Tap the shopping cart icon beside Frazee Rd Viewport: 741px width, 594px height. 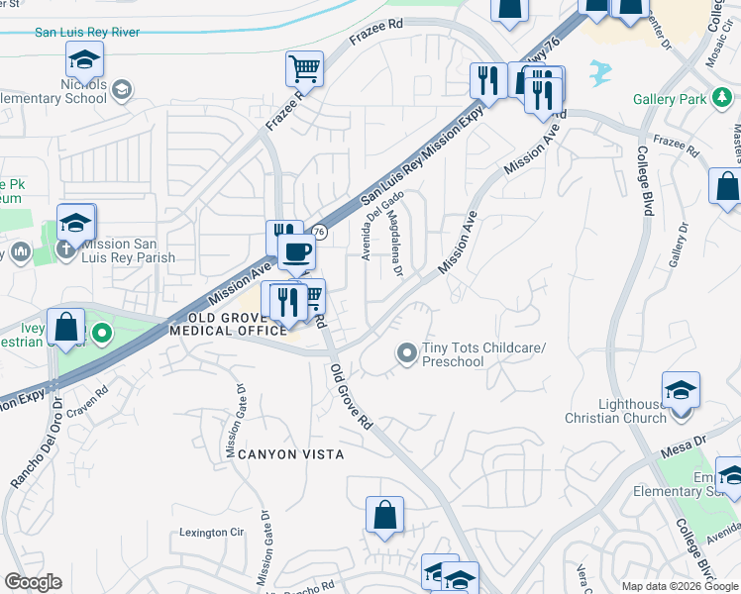pos(305,69)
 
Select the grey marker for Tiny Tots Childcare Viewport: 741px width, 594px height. pos(406,352)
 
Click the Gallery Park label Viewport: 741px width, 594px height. pos(671,99)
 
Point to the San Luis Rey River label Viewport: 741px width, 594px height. pos(87,32)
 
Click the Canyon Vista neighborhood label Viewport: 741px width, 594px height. pos(291,454)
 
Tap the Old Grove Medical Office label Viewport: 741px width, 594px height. pos(227,324)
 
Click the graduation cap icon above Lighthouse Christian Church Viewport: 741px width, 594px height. pos(681,389)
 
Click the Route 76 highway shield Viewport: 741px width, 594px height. pos(319,232)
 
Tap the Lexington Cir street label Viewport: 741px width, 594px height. pos(211,533)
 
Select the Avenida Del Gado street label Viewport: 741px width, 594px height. pos(380,227)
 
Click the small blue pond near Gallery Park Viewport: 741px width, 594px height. pos(599,71)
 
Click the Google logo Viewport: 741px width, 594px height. pos(33,582)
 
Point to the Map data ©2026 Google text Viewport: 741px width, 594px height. pos(680,586)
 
